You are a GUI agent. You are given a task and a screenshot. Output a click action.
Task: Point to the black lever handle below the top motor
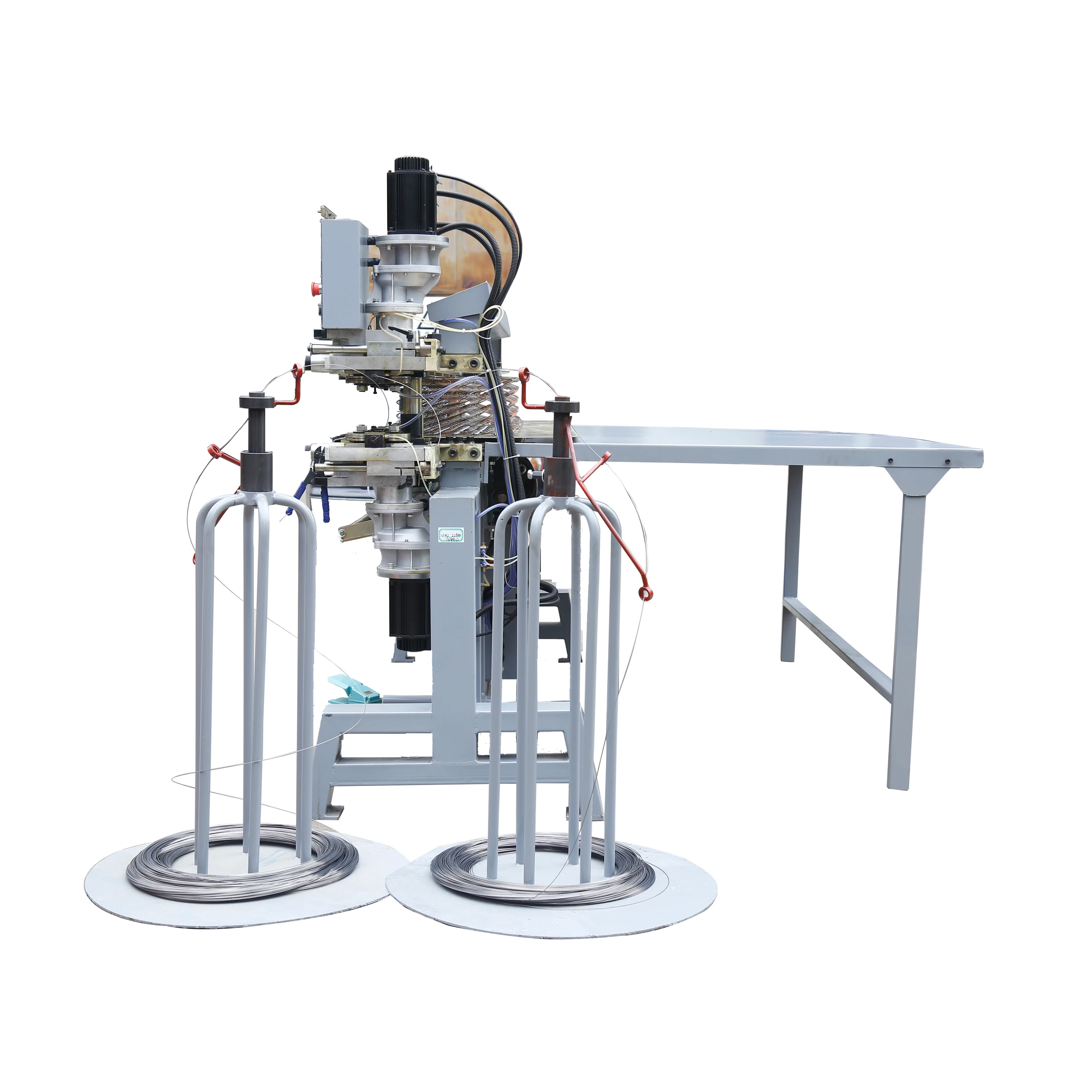tap(403, 334)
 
